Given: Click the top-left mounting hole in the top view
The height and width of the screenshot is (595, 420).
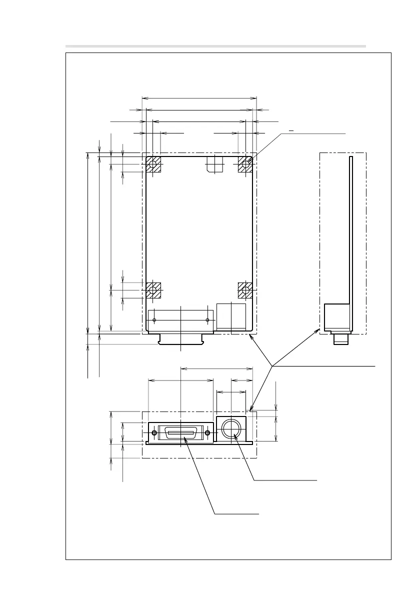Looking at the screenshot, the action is [x=153, y=163].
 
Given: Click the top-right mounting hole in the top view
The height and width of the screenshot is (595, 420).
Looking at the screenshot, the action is [x=245, y=163].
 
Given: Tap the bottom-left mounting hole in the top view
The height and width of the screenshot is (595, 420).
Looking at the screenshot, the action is [x=153, y=289].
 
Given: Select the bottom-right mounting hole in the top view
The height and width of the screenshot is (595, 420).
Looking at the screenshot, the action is [x=245, y=289].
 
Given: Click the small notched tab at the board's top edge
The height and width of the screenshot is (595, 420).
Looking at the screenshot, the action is [x=214, y=164].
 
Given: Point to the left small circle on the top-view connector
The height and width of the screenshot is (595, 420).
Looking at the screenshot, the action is [x=154, y=320].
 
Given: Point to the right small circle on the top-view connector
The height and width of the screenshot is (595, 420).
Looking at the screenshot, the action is [x=207, y=320].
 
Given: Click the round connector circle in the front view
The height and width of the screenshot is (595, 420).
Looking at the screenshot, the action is [x=231, y=428].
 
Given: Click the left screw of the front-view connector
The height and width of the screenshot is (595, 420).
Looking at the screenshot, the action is [x=154, y=432].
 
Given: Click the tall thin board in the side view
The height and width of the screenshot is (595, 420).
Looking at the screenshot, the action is [x=351, y=230].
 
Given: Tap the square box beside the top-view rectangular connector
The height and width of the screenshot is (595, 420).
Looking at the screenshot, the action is [x=231, y=315].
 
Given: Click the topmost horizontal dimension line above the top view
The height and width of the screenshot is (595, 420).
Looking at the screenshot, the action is [x=199, y=98].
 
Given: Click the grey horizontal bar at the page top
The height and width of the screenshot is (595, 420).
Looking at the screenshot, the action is [x=215, y=46].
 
